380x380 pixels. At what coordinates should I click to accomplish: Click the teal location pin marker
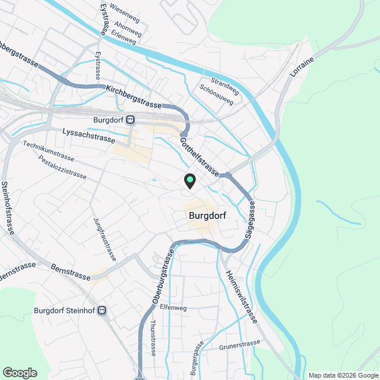tap(189, 180)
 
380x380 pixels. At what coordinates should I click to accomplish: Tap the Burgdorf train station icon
tap(130, 119)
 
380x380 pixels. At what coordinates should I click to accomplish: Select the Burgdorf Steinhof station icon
tap(103, 310)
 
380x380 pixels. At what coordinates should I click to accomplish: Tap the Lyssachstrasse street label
tap(88, 134)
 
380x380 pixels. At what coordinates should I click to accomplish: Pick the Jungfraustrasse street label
tap(104, 239)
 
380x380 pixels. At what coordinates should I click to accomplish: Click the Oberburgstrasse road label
tap(163, 278)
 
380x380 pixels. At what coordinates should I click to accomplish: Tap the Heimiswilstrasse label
tap(241, 297)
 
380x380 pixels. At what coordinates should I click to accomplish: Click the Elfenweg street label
tap(173, 308)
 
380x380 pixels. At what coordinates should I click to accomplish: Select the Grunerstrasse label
tap(240, 344)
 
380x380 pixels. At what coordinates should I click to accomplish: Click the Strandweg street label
tap(225, 83)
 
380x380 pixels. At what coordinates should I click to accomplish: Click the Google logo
tap(20, 373)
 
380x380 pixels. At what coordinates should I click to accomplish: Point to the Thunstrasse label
tap(153, 338)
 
